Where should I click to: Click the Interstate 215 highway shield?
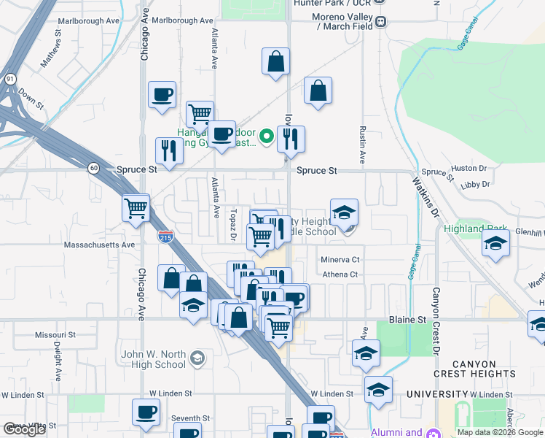click(165, 236)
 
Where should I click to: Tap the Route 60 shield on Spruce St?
click(94, 168)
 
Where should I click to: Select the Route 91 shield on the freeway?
click(9, 78)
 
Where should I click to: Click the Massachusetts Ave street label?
click(100, 245)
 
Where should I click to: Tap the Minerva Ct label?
click(340, 260)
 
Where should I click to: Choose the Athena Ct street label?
click(340, 275)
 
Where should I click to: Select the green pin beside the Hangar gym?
click(267, 135)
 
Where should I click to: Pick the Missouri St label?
click(55, 334)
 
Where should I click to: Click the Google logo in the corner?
click(24, 429)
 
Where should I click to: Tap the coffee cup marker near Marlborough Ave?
click(162, 95)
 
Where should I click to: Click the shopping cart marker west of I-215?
click(136, 208)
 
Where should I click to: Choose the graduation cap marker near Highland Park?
click(495, 244)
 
